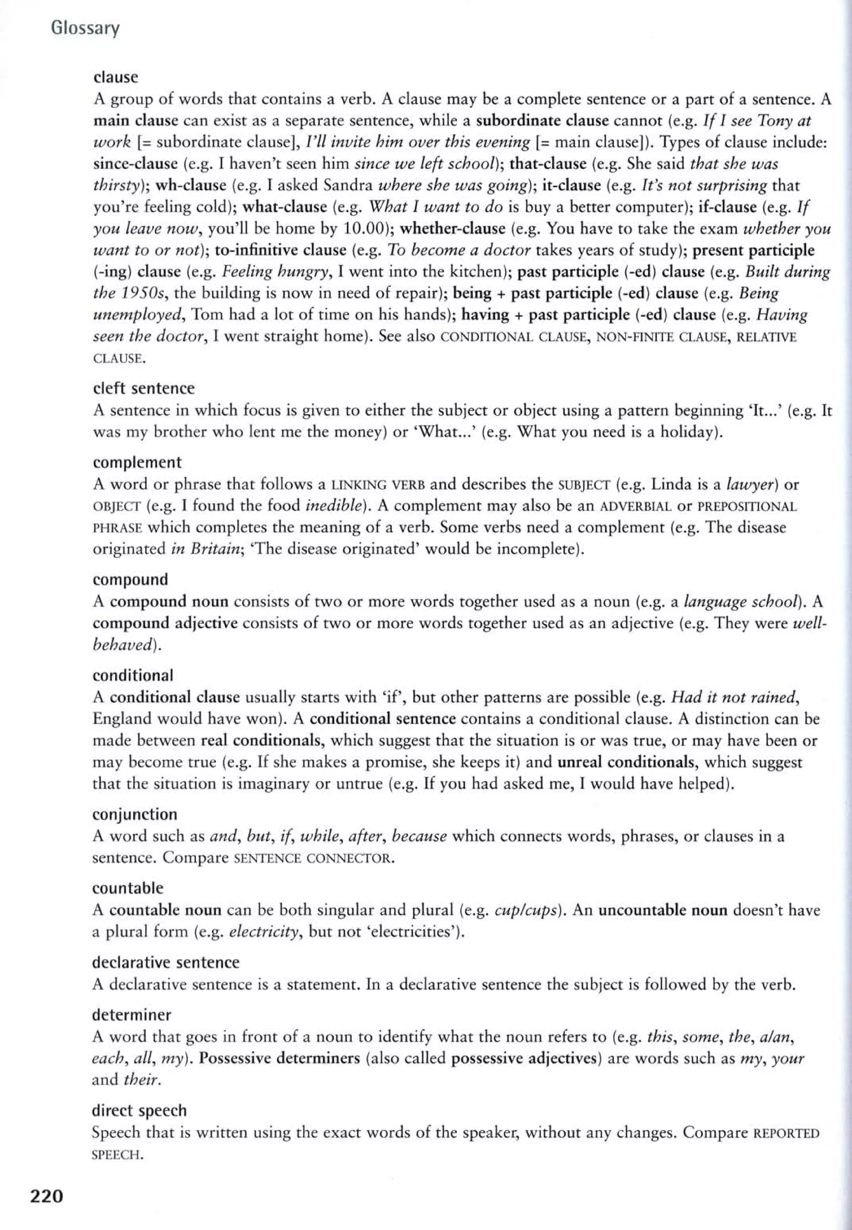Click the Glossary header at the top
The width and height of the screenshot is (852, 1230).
pyautogui.click(x=85, y=28)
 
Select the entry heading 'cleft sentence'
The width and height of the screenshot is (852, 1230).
pyautogui.click(x=144, y=388)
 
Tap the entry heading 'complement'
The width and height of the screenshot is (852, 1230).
pyautogui.click(x=137, y=462)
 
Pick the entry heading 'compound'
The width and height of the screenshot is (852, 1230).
pyautogui.click(x=130, y=579)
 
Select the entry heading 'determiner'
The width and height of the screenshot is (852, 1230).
pyautogui.click(x=132, y=1014)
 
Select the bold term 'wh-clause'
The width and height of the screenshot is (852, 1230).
pyautogui.click(x=191, y=186)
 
